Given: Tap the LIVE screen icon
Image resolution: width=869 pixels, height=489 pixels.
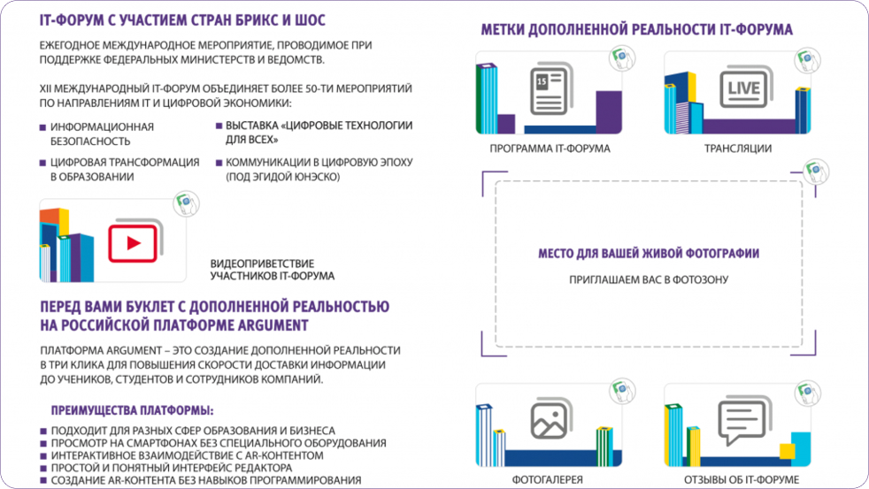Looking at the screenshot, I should click(x=743, y=89).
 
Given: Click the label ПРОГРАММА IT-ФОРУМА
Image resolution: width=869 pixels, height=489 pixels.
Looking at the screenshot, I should click(x=550, y=149).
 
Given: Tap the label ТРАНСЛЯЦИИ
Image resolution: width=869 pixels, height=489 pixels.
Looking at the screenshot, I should click(x=737, y=149).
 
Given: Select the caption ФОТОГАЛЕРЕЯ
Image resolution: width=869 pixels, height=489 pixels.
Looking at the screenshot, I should click(x=548, y=479).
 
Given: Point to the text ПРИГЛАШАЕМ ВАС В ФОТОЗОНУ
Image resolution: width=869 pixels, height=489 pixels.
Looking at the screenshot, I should click(x=649, y=280).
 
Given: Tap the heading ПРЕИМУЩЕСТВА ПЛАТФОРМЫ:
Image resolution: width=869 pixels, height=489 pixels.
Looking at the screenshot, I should click(x=133, y=411).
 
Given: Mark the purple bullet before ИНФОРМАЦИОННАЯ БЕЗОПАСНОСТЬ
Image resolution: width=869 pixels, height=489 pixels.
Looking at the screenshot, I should click(x=42, y=127).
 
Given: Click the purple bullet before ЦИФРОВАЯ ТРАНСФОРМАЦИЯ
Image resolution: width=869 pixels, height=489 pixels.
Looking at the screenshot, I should click(x=42, y=163).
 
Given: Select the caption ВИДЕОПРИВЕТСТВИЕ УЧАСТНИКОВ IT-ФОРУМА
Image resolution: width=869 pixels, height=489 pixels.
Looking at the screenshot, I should click(x=272, y=270).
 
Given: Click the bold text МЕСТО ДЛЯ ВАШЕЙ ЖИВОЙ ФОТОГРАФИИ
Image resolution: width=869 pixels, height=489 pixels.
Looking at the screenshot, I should click(x=649, y=254).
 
